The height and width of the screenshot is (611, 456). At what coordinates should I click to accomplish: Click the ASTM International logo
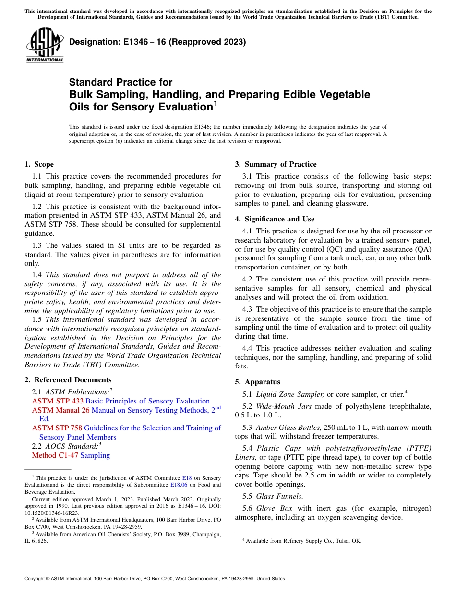[x=45, y=46]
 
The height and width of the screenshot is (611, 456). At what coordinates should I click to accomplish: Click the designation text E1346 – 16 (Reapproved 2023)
[x=157, y=42]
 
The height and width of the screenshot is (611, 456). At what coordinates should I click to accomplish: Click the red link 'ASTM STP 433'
[x=58, y=401]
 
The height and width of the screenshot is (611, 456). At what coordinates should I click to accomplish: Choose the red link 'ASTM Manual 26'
[x=60, y=410]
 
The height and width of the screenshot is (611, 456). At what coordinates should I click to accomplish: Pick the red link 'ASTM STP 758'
[x=58, y=428]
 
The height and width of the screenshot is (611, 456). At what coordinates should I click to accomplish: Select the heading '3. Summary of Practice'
[x=276, y=164]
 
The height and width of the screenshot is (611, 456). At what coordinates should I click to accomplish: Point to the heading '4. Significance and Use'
[x=275, y=219]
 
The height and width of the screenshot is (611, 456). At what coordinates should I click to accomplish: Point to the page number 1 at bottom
[x=228, y=590]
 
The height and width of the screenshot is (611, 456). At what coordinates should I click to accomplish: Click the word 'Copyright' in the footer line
[x=36, y=579]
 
